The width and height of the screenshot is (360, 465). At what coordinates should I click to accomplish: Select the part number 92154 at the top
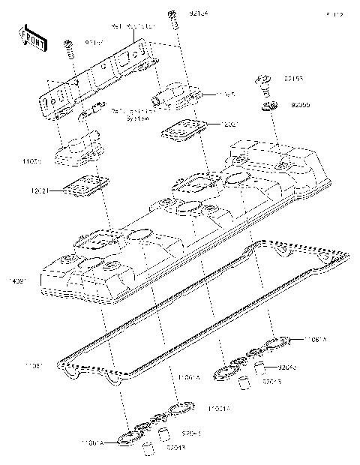tap(199, 14)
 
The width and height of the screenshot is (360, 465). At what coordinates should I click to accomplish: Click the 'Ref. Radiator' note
tap(133, 26)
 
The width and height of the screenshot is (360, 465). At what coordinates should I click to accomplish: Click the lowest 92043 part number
tap(177, 448)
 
